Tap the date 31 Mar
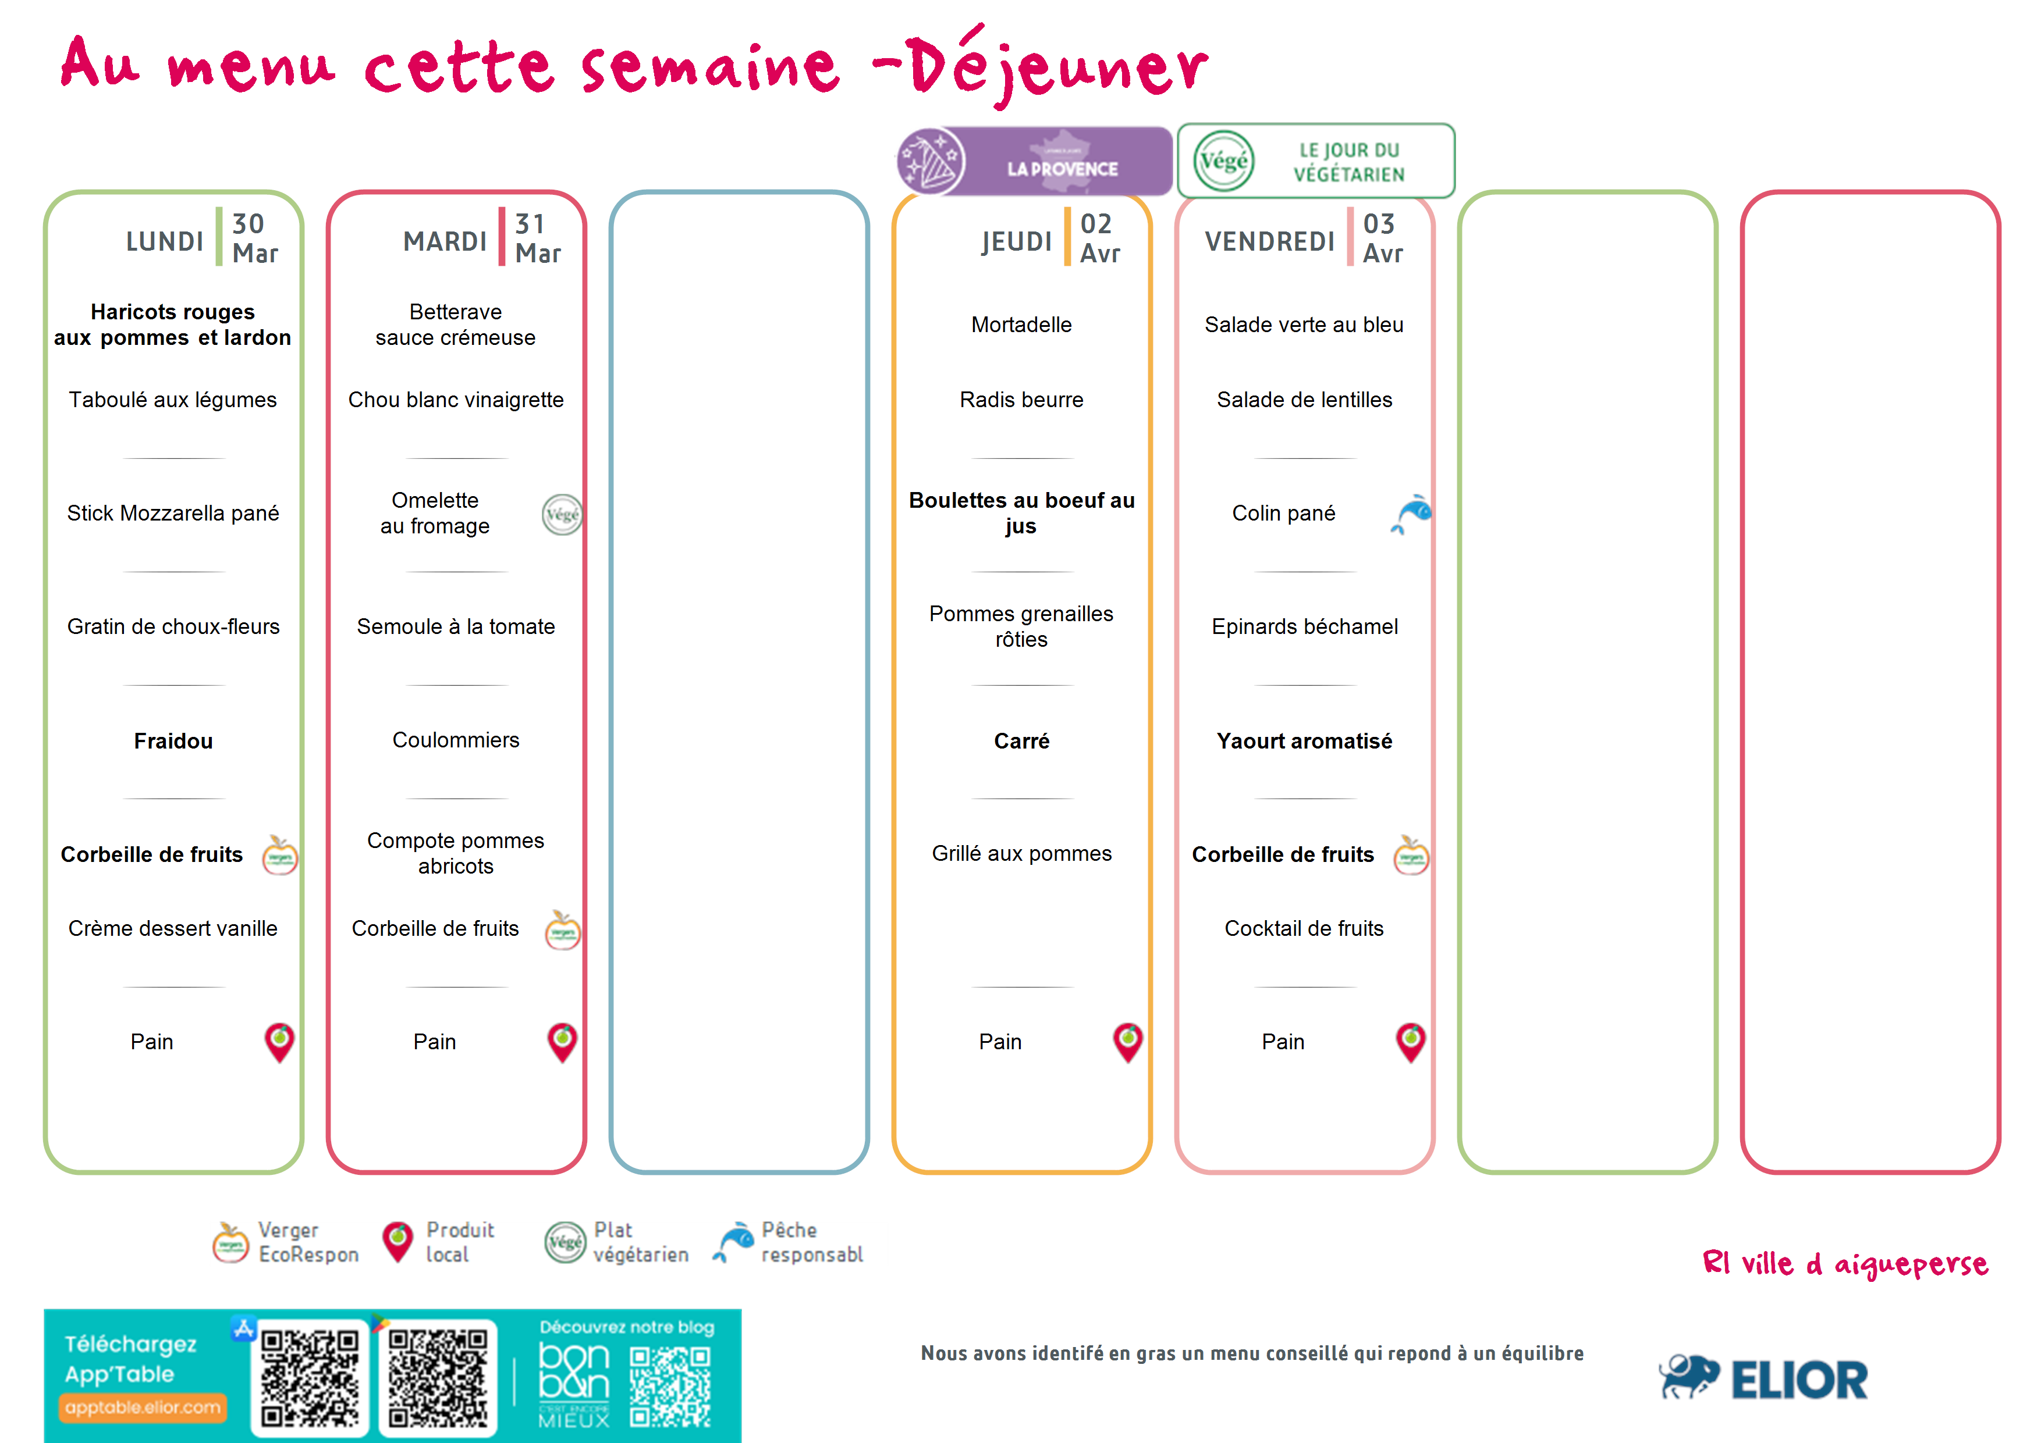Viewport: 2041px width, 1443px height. (x=538, y=238)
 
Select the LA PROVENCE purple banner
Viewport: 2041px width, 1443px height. (x=1034, y=161)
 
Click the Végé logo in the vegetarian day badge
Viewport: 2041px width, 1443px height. (x=1223, y=161)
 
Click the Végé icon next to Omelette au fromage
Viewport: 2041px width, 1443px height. (x=562, y=515)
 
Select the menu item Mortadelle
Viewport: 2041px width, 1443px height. (x=1021, y=325)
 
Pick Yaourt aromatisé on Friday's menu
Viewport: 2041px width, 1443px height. (x=1304, y=740)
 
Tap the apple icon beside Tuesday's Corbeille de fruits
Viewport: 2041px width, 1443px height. (x=562, y=929)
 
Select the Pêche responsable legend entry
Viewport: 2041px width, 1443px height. (x=787, y=1242)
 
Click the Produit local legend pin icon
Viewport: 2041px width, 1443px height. (x=397, y=1241)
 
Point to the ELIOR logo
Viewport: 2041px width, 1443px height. (x=1763, y=1378)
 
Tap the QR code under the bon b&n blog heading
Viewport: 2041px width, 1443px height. (x=670, y=1387)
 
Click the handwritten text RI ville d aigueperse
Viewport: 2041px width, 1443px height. (x=1844, y=1263)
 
